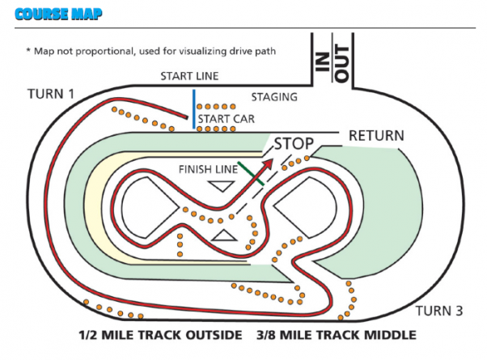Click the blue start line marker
click(193, 110)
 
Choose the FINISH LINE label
click(206, 170)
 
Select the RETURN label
click(376, 136)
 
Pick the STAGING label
click(274, 97)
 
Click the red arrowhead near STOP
click(269, 159)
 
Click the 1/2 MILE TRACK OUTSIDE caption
click(159, 335)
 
